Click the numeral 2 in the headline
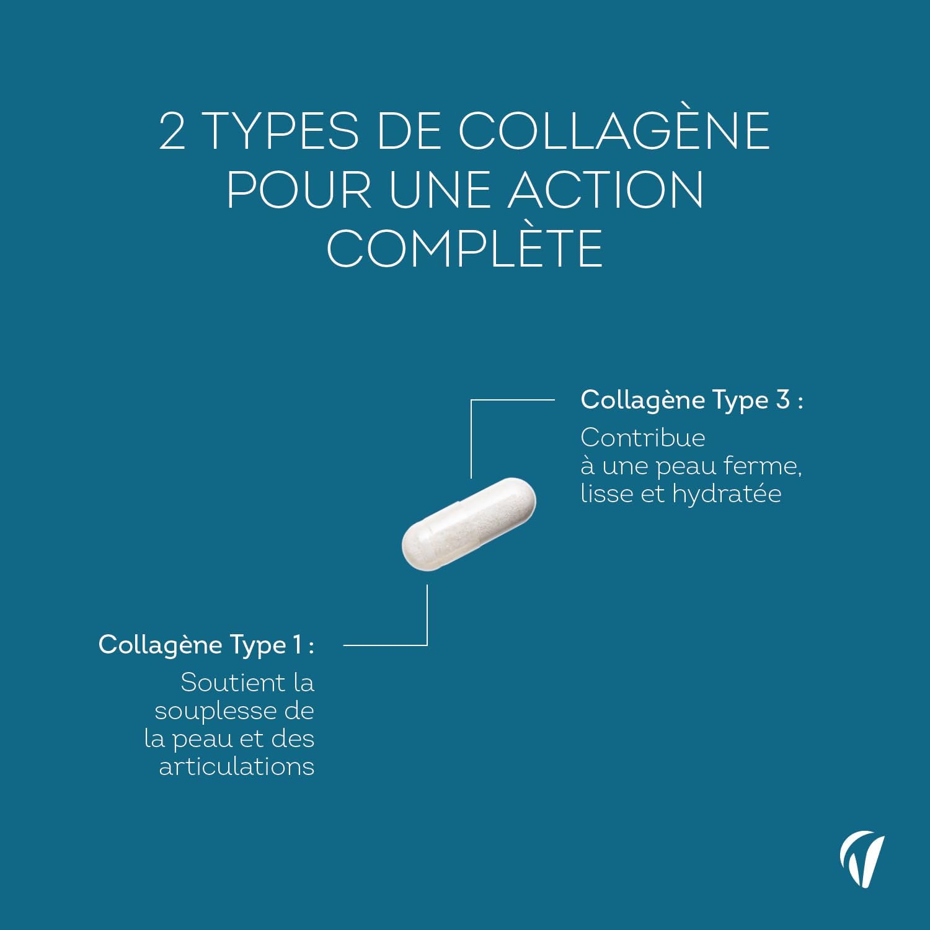[172, 131]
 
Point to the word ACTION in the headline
[606, 190]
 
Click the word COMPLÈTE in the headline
[465, 248]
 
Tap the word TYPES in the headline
[281, 131]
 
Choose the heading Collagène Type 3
[691, 401]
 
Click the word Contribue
[643, 438]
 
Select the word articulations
[237, 767]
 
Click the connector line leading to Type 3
[512, 400]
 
